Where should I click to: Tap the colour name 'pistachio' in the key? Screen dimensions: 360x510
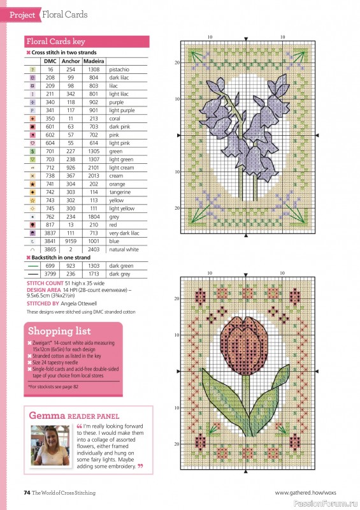click(x=119, y=69)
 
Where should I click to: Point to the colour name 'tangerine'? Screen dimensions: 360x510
click(x=120, y=192)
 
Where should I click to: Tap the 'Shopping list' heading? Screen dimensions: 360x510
click(x=58, y=331)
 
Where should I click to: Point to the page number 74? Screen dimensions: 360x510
click(x=27, y=492)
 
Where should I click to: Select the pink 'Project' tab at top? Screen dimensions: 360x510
click(x=22, y=14)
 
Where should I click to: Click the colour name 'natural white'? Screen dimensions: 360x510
click(x=124, y=249)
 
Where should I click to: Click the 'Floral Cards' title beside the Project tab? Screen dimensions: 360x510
click(x=65, y=14)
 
